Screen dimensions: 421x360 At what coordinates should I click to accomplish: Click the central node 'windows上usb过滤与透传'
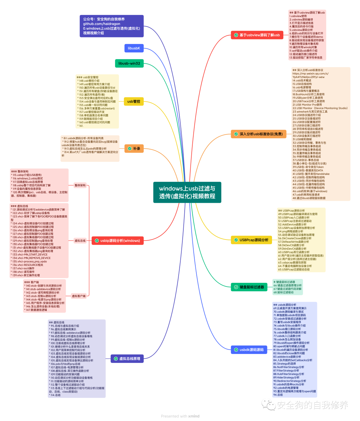click(x=187, y=192)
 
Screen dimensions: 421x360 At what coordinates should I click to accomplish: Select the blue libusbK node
click(x=134, y=48)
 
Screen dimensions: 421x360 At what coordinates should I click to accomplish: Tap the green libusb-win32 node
click(x=129, y=63)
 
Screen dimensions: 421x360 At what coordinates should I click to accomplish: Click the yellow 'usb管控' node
click(x=134, y=101)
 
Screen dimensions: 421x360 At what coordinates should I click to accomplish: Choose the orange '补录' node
click(x=134, y=148)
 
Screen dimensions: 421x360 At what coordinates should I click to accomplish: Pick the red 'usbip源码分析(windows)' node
click(x=117, y=241)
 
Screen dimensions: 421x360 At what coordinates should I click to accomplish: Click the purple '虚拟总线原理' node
click(x=127, y=359)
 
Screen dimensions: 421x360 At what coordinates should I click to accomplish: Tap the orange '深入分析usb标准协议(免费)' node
click(x=258, y=134)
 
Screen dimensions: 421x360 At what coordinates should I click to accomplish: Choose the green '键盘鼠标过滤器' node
click(x=249, y=287)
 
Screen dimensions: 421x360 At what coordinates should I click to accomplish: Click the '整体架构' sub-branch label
click(x=80, y=185)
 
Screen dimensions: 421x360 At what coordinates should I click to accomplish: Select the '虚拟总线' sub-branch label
click(x=80, y=241)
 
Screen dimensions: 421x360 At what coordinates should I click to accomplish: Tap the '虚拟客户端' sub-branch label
click(x=79, y=296)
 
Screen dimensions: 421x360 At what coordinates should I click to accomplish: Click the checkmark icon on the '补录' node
click(x=130, y=148)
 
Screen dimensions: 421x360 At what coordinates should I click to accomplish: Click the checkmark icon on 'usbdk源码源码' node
click(x=236, y=350)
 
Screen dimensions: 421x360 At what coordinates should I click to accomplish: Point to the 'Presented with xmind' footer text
click(x=180, y=416)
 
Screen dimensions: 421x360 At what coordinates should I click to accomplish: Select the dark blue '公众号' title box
click(x=112, y=26)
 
